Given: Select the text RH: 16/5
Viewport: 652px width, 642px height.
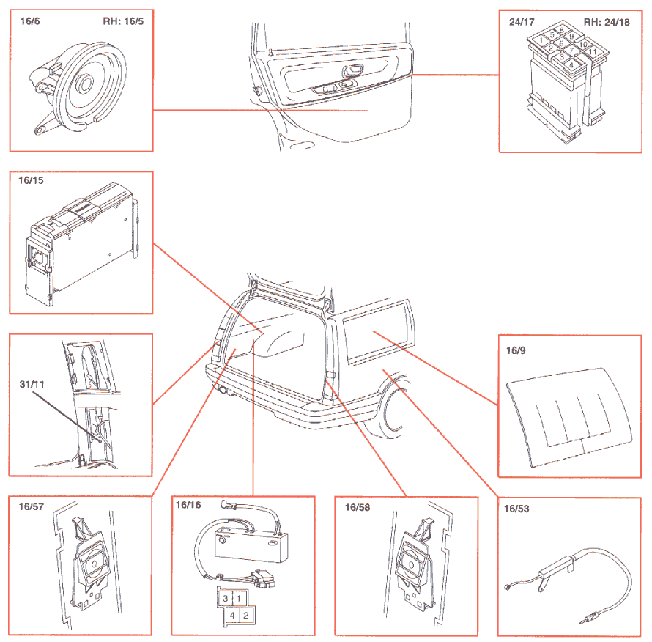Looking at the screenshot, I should point(122,21).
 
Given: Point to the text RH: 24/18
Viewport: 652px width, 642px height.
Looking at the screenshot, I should point(606,22).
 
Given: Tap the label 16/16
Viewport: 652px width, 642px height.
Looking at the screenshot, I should point(188,504).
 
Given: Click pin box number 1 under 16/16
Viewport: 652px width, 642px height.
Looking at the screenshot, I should point(238,599).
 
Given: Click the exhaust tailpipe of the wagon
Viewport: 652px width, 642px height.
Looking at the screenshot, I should point(221,391).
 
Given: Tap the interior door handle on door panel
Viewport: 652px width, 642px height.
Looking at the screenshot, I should point(354,71).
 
